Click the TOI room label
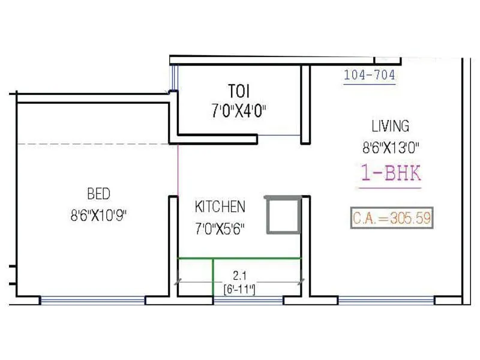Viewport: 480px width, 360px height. pyautogui.click(x=239, y=91)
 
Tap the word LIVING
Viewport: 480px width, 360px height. pyautogui.click(x=390, y=126)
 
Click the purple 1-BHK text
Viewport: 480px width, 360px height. pyautogui.click(x=391, y=173)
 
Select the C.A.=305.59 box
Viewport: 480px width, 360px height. pyautogui.click(x=391, y=218)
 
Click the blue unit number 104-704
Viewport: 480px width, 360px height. pyautogui.click(x=369, y=76)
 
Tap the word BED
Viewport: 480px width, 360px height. pyautogui.click(x=98, y=194)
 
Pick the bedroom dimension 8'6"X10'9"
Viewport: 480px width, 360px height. pyautogui.click(x=98, y=215)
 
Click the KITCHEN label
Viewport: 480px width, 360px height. pyautogui.click(x=220, y=207)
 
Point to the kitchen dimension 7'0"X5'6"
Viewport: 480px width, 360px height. pyautogui.click(x=220, y=228)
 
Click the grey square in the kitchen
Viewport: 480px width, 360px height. pyautogui.click(x=282, y=215)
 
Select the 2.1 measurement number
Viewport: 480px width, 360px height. pyautogui.click(x=240, y=276)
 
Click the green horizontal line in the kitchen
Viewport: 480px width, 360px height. pyautogui.click(x=258, y=258)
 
